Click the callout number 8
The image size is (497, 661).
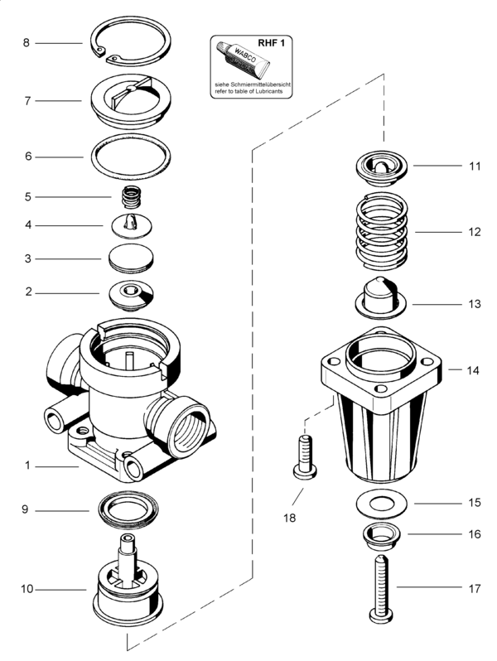[x=27, y=42]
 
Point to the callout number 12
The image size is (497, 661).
[x=474, y=232]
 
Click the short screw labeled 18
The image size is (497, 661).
[x=304, y=458]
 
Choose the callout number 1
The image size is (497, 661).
[x=27, y=466]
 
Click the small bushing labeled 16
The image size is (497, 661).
[x=381, y=537]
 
